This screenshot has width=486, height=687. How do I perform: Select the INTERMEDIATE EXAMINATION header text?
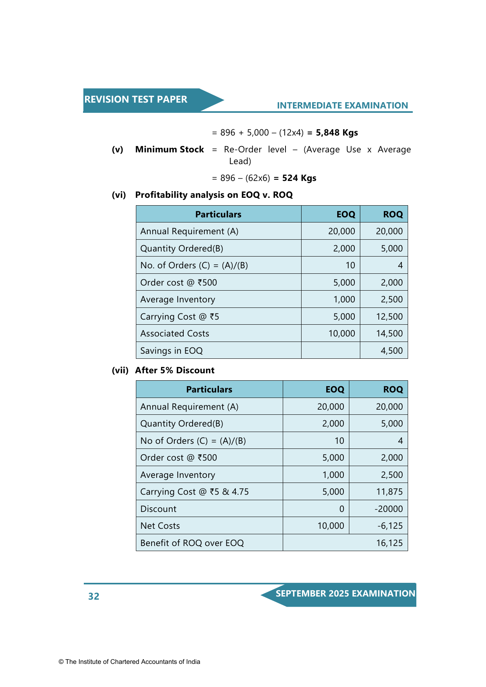(342, 105)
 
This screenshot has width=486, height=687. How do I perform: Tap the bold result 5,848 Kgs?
(337, 133)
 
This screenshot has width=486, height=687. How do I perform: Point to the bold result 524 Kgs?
(299, 178)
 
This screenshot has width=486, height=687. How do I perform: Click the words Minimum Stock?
(170, 150)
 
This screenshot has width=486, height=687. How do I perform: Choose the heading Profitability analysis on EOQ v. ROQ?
(214, 195)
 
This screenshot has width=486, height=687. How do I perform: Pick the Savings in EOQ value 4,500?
(392, 351)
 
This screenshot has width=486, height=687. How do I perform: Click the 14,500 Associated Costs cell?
(389, 334)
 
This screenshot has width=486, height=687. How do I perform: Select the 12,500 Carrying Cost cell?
(389, 316)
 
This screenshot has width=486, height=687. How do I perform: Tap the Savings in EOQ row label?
(172, 351)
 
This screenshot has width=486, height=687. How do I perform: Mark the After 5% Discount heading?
(175, 371)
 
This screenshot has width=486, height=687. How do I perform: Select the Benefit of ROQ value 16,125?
(389, 543)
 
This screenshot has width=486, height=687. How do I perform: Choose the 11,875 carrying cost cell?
(389, 492)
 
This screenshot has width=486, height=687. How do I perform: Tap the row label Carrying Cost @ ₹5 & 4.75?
(195, 492)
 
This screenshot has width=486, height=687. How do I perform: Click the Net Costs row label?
(160, 526)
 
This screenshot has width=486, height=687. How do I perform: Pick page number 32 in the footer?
(94, 596)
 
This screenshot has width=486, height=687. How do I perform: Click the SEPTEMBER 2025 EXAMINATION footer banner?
(345, 594)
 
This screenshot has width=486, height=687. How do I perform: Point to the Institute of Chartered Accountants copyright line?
(129, 662)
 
